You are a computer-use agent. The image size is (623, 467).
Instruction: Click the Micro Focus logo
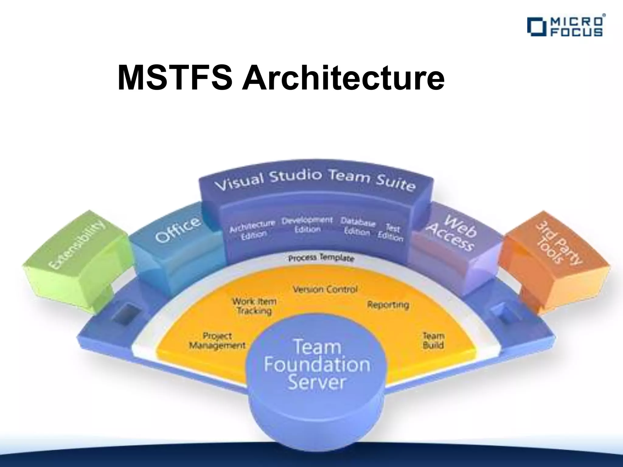565,27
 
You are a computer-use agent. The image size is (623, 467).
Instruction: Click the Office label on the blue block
178,230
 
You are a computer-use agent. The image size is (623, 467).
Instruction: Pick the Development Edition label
307,224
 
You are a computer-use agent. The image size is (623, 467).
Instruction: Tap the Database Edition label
357,227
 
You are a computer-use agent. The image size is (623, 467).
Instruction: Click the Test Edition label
392,233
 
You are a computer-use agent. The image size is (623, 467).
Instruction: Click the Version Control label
325,289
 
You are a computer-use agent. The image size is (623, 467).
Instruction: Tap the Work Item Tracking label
254,306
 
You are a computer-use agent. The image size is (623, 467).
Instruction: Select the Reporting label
388,304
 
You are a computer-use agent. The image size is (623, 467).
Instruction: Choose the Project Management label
217,341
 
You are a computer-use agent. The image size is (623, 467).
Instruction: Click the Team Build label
433,340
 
